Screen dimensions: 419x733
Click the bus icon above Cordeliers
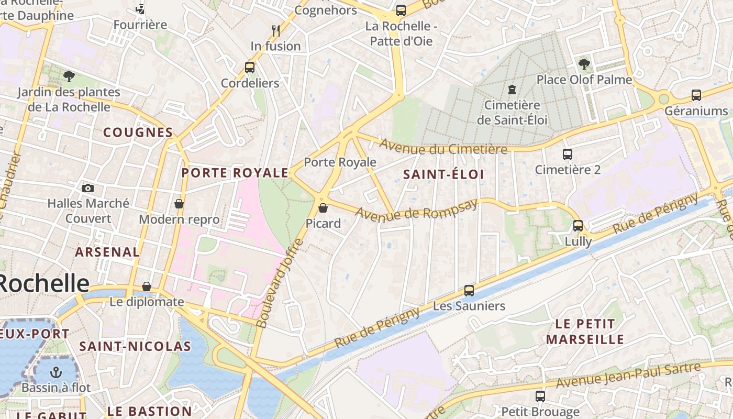[250, 68]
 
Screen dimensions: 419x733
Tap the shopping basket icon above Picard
[323, 208]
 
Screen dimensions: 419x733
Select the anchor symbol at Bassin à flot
[55, 372]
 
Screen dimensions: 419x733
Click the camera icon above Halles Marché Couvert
[88, 188]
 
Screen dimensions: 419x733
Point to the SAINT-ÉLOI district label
[443, 174]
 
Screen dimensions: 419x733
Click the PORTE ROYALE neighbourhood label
[235, 173]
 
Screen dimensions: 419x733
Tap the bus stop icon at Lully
[578, 226]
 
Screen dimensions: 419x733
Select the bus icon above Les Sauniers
[469, 290]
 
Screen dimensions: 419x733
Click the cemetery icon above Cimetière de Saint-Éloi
[512, 90]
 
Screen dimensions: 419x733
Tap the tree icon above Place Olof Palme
[584, 64]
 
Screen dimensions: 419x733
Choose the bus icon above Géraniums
[696, 95]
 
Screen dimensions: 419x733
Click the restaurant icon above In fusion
[276, 30]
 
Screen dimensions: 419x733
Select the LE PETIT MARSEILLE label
[585, 332]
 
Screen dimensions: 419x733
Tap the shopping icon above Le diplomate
[147, 286]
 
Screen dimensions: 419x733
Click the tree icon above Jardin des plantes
[69, 77]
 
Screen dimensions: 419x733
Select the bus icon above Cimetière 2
[568, 155]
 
